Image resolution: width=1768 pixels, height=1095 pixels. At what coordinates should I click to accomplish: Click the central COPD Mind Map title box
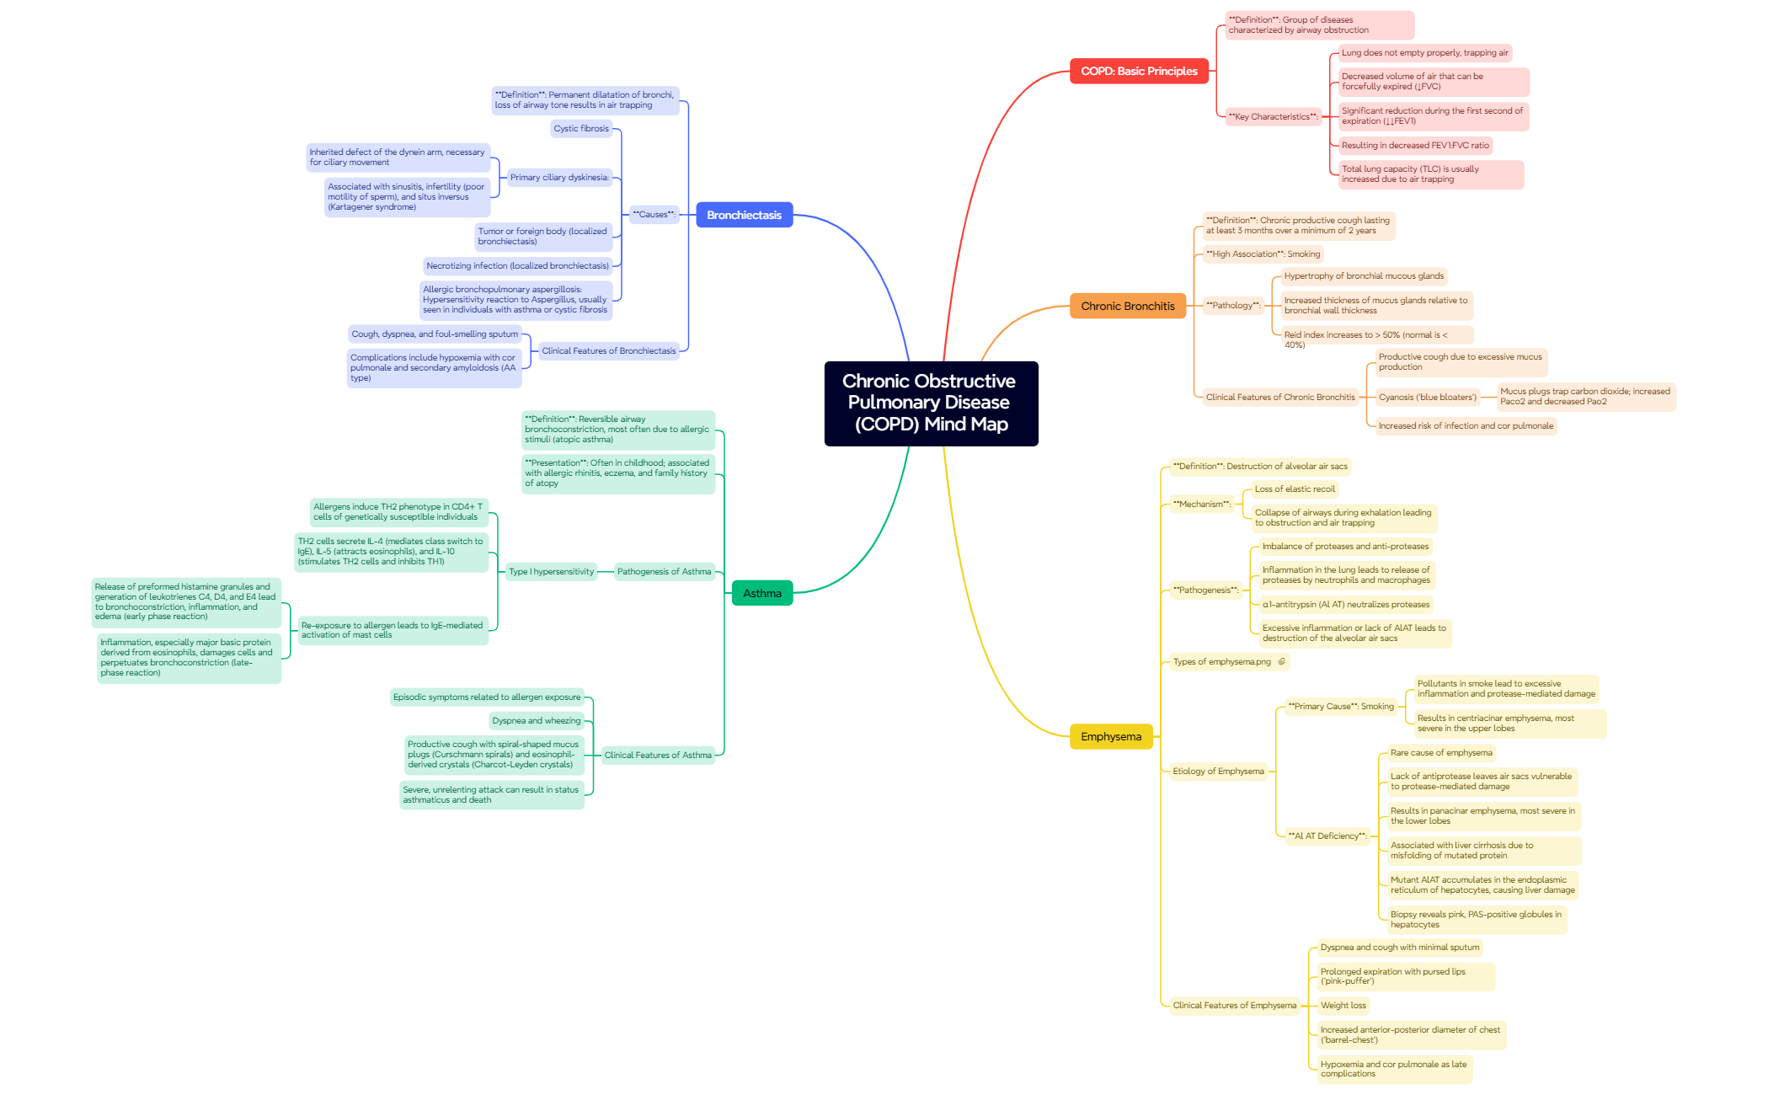tap(930, 403)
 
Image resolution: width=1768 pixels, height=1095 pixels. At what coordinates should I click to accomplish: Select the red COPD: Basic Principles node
tap(1138, 72)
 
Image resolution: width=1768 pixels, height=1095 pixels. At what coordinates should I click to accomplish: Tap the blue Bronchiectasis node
tap(744, 216)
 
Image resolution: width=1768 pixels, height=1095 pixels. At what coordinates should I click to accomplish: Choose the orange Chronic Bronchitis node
tap(1127, 307)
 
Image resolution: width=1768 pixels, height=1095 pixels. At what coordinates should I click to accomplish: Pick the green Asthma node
tap(761, 594)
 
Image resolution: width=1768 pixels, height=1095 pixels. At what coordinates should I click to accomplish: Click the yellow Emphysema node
tap(1110, 737)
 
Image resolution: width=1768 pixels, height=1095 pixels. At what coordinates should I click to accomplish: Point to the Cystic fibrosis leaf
tap(580, 129)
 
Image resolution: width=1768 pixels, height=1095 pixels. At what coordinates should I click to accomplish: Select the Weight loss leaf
tap(1343, 1006)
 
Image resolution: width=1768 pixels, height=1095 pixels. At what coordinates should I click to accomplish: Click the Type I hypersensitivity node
tap(551, 572)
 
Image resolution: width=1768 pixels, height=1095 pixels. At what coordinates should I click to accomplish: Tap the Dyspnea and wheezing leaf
tap(536, 721)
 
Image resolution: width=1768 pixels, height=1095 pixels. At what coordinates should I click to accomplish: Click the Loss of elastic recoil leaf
tap(1294, 489)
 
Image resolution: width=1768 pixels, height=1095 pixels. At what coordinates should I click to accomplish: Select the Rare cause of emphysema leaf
tap(1440, 753)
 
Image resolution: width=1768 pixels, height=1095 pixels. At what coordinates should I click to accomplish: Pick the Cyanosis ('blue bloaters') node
tap(1427, 398)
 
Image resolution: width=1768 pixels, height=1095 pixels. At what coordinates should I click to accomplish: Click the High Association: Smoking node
tap(1262, 254)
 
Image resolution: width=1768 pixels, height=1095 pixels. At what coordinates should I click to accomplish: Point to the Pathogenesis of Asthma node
tap(664, 572)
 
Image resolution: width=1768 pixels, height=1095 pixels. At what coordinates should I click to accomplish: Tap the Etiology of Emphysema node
tap(1217, 772)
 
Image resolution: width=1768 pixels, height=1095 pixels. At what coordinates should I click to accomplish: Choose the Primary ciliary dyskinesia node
tap(559, 178)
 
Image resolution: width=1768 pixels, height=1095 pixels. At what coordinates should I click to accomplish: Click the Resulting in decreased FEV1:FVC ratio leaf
tap(1414, 146)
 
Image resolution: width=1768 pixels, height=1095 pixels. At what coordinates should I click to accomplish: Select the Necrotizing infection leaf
tap(517, 266)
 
